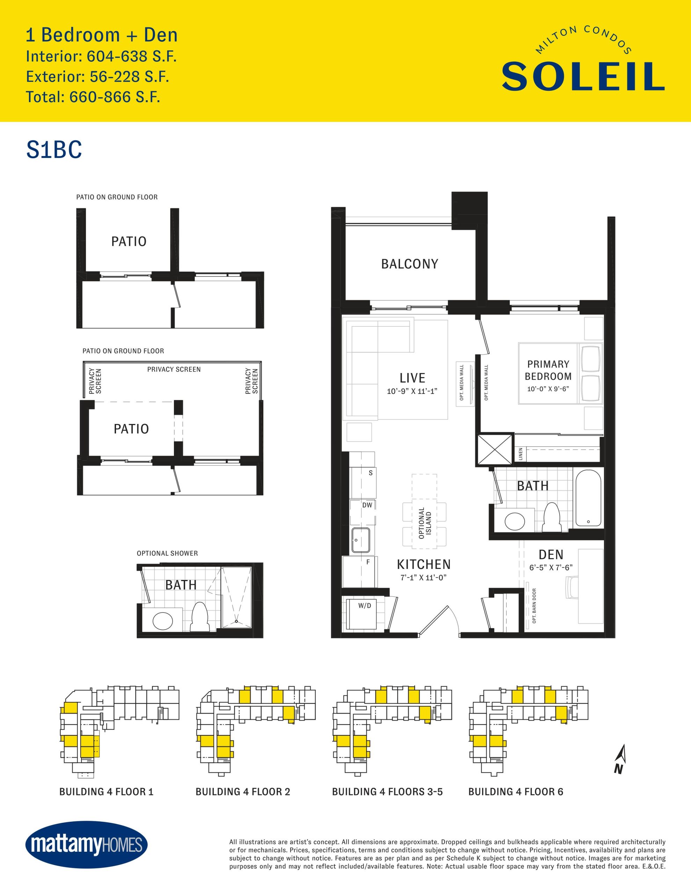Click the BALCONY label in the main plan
tap(409, 264)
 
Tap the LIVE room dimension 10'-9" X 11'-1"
tap(412, 391)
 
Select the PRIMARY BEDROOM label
tap(548, 370)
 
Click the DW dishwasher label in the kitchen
tap(368, 505)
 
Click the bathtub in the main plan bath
tap(588, 498)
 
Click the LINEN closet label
tap(521, 454)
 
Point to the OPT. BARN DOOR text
tap(534, 606)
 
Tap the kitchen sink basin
tap(361, 540)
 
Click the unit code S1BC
tap(54, 150)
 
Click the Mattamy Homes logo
tap(86, 844)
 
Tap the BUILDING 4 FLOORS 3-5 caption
tap(387, 792)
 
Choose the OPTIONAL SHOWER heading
tap(167, 554)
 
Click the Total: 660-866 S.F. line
tap(93, 97)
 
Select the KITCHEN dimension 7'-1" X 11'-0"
tap(423, 578)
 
